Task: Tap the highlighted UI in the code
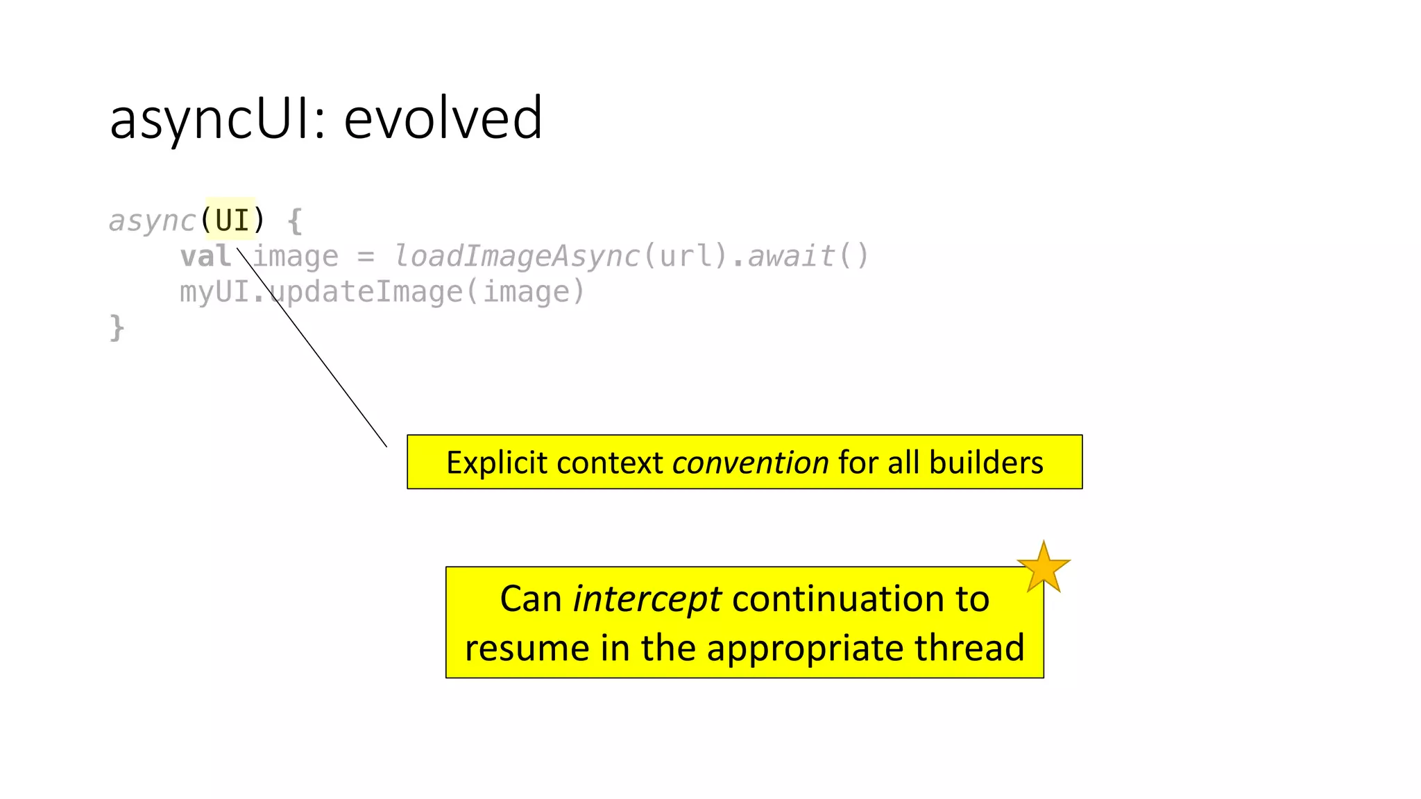232,221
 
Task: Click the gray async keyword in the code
152,221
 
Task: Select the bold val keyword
205,256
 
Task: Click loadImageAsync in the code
517,256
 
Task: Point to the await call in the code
791,256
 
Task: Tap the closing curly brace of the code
117,327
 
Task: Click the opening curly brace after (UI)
294,221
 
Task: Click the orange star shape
1043,567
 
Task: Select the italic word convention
750,463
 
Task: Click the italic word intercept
647,599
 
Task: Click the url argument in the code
686,256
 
